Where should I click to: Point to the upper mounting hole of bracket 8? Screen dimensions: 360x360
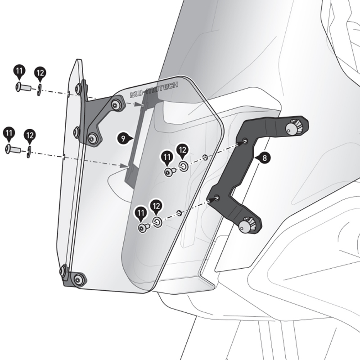pyautogui.click(x=245, y=141)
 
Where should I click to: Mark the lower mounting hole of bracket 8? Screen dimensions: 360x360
pyautogui.click(x=217, y=198)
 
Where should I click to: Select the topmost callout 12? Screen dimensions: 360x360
pyautogui.click(x=40, y=73)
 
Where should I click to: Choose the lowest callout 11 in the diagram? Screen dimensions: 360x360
pyautogui.click(x=141, y=213)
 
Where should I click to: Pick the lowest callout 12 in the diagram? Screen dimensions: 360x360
pyautogui.click(x=156, y=207)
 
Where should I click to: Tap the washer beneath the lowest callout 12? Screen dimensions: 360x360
pyautogui.click(x=157, y=222)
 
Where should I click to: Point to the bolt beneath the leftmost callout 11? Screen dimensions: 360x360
pyautogui.click(x=13, y=149)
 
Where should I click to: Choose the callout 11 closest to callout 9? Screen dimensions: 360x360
pyautogui.click(x=167, y=157)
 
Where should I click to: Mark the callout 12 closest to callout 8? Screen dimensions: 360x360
pyautogui.click(x=182, y=151)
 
